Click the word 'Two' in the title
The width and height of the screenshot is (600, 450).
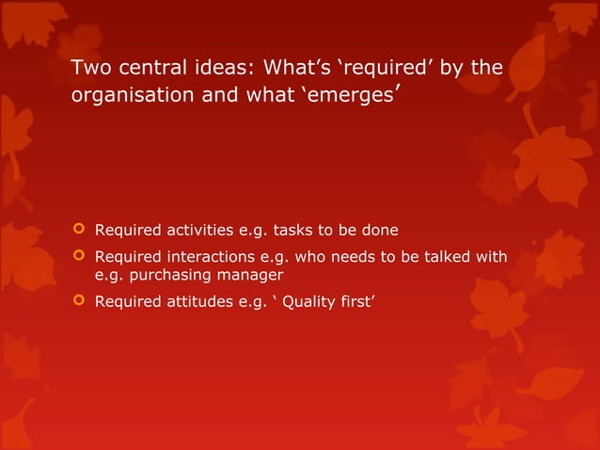click(x=91, y=69)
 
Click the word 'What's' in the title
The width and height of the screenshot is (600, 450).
click(x=298, y=69)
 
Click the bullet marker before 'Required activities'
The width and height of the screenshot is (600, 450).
click(x=78, y=229)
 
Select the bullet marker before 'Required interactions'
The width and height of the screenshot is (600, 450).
click(x=78, y=257)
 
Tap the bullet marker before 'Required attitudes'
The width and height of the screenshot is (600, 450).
click(x=78, y=302)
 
